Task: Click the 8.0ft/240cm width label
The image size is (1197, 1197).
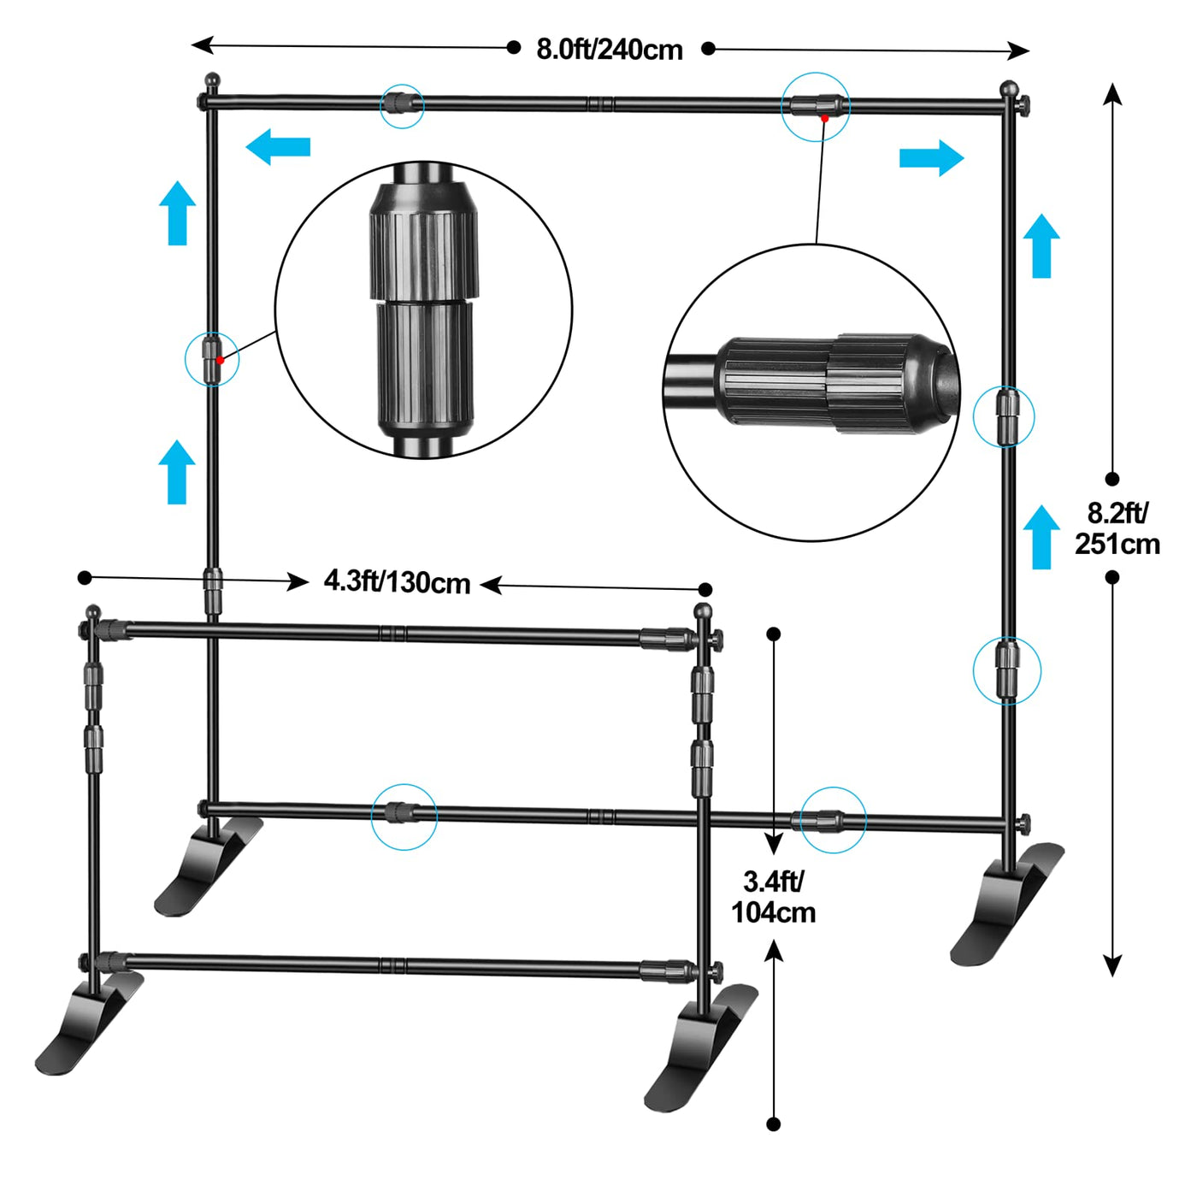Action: point(610,50)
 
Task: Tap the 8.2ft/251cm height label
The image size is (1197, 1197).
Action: point(1117,528)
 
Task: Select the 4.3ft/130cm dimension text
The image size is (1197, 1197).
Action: point(397,582)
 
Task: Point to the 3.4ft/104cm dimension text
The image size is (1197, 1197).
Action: point(774,897)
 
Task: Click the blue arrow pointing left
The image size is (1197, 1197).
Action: point(278,147)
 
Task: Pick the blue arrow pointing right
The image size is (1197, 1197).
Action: point(932,158)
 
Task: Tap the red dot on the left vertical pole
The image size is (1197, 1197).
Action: point(220,360)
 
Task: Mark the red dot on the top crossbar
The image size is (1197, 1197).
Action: point(824,117)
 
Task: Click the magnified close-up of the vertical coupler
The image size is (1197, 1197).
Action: point(423,310)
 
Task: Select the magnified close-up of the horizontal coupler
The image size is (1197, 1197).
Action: point(811,392)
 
